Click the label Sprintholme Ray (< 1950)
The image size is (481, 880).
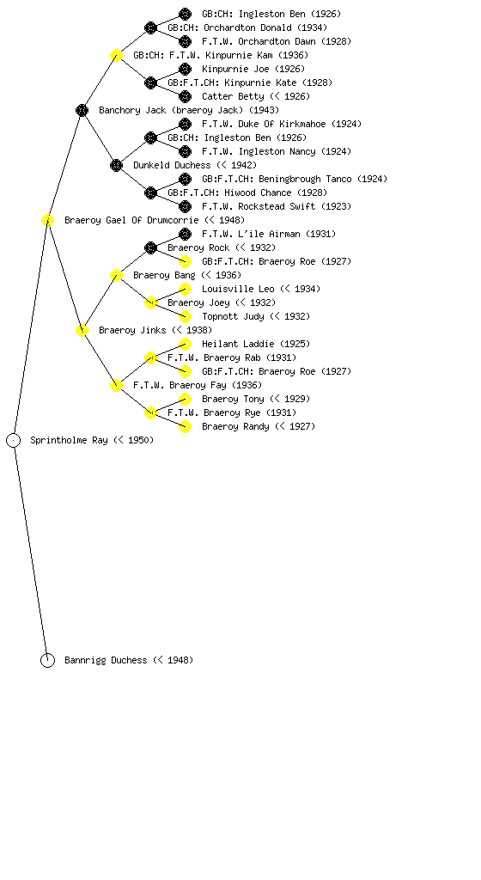click(x=92, y=441)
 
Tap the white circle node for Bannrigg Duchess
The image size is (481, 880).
click(x=47, y=661)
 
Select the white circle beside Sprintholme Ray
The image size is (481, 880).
click(x=14, y=441)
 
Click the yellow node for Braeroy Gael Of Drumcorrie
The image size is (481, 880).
click(x=47, y=221)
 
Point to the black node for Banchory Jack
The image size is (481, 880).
click(x=82, y=111)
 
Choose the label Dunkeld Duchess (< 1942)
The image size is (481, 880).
click(x=195, y=166)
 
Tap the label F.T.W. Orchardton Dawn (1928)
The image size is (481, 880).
click(x=277, y=41)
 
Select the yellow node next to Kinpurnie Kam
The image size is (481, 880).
click(x=116, y=56)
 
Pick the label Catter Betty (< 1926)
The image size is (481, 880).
click(x=256, y=96)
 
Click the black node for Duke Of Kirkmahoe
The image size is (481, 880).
click(x=185, y=124)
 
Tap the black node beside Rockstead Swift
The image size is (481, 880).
click(x=185, y=206)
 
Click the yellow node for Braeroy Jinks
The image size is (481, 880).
click(x=82, y=331)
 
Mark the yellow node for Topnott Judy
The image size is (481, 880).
click(x=185, y=316)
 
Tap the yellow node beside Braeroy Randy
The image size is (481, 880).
click(x=185, y=426)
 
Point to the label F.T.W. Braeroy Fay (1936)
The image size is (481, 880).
click(x=198, y=386)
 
